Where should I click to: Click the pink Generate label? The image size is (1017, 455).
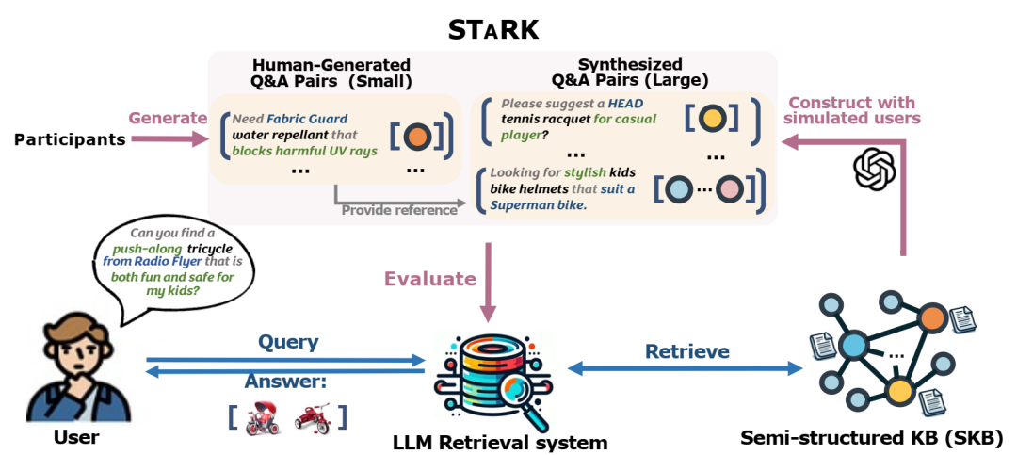(168, 119)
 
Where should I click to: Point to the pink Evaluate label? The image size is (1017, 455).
(429, 278)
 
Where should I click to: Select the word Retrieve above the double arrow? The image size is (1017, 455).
(686, 351)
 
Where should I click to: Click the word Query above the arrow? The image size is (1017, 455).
(288, 342)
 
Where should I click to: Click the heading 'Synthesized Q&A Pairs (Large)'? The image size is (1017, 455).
(630, 72)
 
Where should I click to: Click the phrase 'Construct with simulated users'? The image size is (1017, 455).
(854, 110)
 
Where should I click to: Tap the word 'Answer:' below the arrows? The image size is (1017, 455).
(285, 382)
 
